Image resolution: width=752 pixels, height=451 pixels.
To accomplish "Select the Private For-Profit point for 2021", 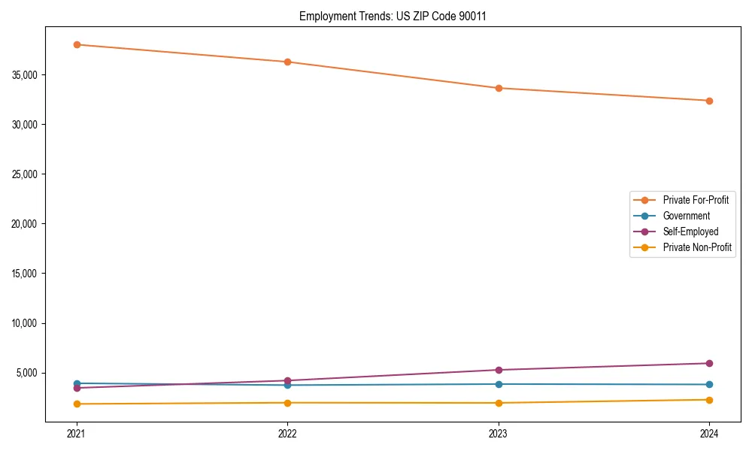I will tap(77, 44).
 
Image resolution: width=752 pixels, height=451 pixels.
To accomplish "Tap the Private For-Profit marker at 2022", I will tap(287, 62).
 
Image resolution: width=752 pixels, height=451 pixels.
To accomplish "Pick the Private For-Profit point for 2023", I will tap(499, 88).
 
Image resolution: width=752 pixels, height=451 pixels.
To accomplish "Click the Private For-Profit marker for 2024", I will tap(709, 101).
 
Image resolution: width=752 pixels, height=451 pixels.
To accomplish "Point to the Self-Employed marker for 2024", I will tap(709, 363).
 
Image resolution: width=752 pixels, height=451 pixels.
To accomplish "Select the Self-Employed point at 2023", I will tap(499, 370).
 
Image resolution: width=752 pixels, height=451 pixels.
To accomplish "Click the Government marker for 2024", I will tap(709, 385).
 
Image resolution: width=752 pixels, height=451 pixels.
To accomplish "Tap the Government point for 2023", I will tap(499, 384).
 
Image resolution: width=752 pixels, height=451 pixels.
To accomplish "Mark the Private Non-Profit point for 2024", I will tap(709, 400).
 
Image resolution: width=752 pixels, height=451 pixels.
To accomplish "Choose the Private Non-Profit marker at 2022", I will tap(287, 403).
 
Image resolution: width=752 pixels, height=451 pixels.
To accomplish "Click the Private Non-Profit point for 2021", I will tap(77, 404).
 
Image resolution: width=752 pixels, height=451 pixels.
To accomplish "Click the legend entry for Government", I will tap(686, 216).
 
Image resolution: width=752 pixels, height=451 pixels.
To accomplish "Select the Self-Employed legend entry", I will tap(690, 232).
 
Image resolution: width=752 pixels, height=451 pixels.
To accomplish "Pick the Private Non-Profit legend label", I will tap(697, 247).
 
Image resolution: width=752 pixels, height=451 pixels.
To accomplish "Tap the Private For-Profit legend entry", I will tap(695, 200).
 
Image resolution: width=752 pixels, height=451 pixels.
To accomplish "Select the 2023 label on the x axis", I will tap(499, 434).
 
